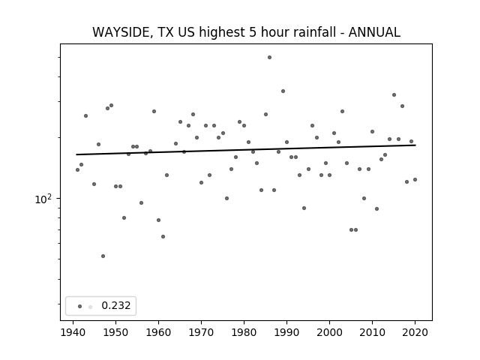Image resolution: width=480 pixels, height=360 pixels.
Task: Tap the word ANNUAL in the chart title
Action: pyautogui.click(x=374, y=32)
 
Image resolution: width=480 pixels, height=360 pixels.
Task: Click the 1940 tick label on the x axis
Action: pyautogui.click(x=73, y=332)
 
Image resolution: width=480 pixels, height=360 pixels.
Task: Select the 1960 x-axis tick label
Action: pyautogui.click(x=158, y=332)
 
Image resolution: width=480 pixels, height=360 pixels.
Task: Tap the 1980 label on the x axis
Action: pyautogui.click(x=244, y=332)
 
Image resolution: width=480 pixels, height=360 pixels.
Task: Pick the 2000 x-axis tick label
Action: pyautogui.click(x=330, y=332)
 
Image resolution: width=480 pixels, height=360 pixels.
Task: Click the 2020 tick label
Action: pyautogui.click(x=415, y=332)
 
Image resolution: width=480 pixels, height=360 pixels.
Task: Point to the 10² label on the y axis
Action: pyautogui.click(x=43, y=199)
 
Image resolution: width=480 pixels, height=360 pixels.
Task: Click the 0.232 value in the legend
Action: pyautogui.click(x=116, y=305)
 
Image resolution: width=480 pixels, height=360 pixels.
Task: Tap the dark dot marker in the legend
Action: pyautogui.click(x=80, y=306)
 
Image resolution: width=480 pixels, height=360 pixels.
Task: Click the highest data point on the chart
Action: pyautogui.click(x=269, y=57)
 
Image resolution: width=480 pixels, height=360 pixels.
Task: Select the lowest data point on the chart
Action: pyautogui.click(x=103, y=256)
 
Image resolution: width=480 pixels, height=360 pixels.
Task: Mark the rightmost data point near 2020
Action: pyautogui.click(x=415, y=180)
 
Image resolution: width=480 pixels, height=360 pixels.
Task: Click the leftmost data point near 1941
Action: pyautogui.click(x=77, y=170)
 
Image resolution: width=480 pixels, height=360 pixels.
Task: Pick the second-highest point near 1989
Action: pyautogui.click(x=283, y=91)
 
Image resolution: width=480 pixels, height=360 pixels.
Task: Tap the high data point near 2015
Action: pyautogui.click(x=394, y=95)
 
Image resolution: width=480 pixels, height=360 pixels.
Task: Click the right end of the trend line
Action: pyautogui.click(x=415, y=145)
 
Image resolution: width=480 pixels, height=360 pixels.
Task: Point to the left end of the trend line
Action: pyautogui.click(x=76, y=154)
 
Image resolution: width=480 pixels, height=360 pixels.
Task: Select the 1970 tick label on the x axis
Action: pyautogui.click(x=202, y=332)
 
